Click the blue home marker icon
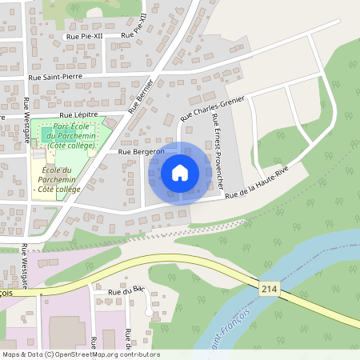(180, 173)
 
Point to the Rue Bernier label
(140, 94)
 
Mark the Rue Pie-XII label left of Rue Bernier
(85, 36)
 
